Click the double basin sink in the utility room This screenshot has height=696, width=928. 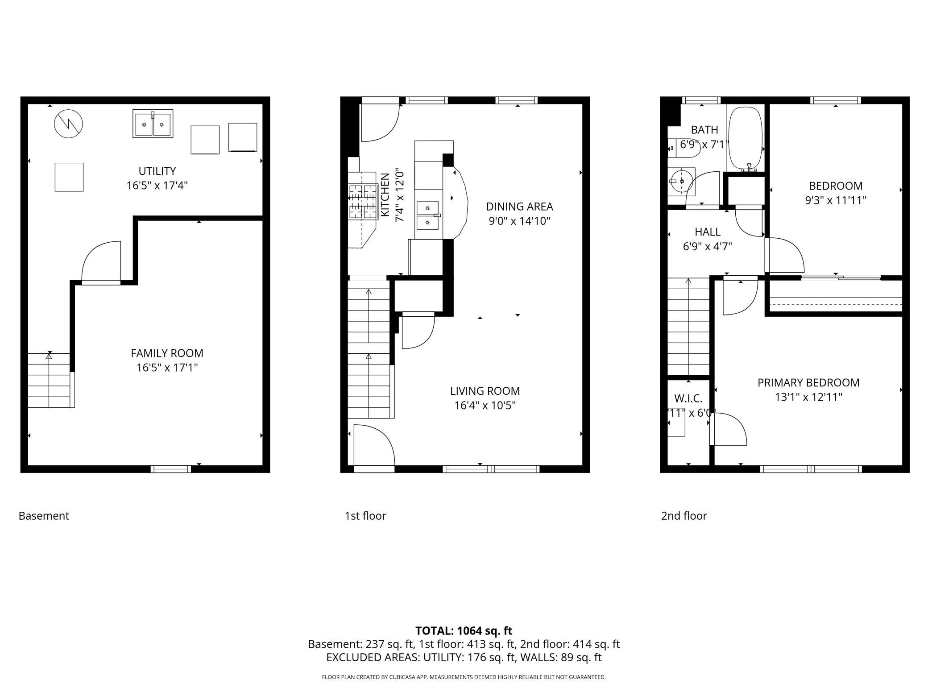coord(153,124)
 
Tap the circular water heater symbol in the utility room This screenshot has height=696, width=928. coord(68,124)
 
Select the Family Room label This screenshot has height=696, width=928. coord(167,353)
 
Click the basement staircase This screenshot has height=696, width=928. coord(49,380)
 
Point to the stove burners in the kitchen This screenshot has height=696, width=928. coord(362,202)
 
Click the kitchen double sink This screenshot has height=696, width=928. coord(428,215)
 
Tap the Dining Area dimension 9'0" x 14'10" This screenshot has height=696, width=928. coord(519,221)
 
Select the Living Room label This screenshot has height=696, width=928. coord(485,391)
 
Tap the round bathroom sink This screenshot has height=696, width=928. coord(681,181)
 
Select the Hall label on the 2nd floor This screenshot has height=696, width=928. coord(707,232)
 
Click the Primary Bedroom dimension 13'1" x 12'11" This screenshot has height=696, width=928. coord(808,397)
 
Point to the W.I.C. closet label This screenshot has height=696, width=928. coord(688,398)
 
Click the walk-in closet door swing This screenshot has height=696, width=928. coord(728,429)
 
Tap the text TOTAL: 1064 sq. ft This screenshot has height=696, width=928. coord(464,631)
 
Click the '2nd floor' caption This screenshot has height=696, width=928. coord(684,516)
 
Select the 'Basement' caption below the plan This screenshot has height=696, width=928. coord(44,516)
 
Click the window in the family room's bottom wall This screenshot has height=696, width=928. coord(170,469)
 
